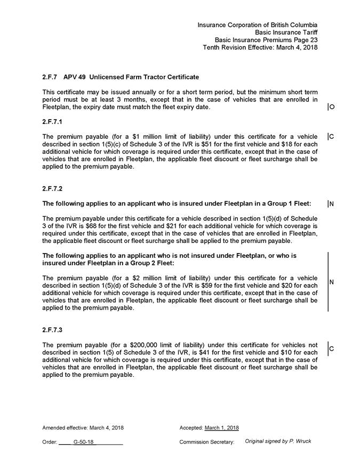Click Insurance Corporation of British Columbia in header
pyautogui.click(x=258, y=25)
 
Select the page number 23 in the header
pyautogui.click(x=313, y=40)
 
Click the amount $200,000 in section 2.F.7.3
pyautogui.click(x=145, y=345)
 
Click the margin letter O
pyautogui.click(x=332, y=107)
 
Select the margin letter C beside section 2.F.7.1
pyautogui.click(x=332, y=137)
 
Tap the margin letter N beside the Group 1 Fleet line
pyautogui.click(x=332, y=203)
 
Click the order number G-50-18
pyautogui.click(x=84, y=442)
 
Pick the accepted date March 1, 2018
pyautogui.click(x=221, y=428)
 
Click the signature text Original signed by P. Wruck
pyautogui.click(x=278, y=441)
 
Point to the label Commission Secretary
pyautogui.click(x=206, y=442)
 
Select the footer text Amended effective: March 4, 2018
pyautogui.click(x=83, y=428)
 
